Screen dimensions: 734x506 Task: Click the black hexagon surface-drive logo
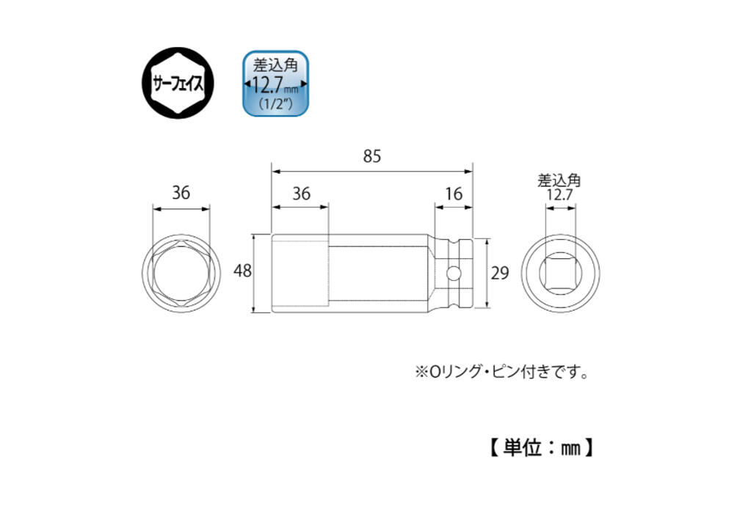(178, 83)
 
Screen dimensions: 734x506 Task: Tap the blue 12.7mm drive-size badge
(276, 84)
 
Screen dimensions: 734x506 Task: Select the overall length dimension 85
(372, 156)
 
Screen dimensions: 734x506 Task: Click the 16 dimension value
(454, 194)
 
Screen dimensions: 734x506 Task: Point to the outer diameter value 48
(242, 271)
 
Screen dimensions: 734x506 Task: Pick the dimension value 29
(499, 273)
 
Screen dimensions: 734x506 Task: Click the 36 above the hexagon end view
(181, 193)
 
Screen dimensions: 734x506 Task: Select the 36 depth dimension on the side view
(301, 194)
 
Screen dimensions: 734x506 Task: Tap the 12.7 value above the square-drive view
(560, 194)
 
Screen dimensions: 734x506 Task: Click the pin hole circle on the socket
(453, 273)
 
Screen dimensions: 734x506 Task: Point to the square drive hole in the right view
(560, 273)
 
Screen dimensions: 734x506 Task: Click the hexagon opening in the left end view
(181, 273)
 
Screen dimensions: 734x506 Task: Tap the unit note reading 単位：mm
(542, 447)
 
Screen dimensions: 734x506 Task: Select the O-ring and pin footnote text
(501, 373)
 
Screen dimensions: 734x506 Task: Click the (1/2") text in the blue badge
(276, 103)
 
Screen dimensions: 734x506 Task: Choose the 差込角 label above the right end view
(559, 180)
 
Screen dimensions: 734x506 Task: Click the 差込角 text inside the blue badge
(276, 65)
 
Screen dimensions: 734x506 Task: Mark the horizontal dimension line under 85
(372, 171)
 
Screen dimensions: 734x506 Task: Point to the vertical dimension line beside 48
(255, 273)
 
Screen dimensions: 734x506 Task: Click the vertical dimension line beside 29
(487, 273)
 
